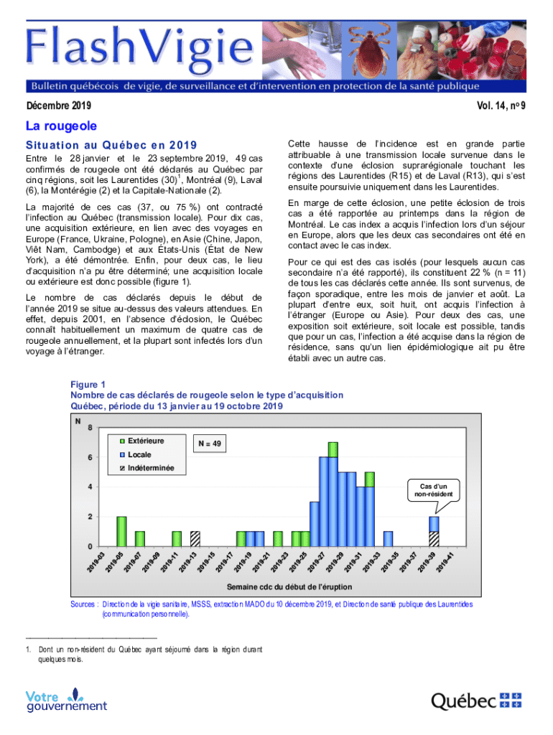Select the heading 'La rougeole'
[61, 126]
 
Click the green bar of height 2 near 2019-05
[121, 531]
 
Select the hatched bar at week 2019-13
[195, 538]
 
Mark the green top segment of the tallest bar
[333, 449]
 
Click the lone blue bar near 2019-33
[388, 538]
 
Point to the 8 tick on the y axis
[89, 428]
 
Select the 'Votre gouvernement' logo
[66, 700]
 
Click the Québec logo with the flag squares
[475, 700]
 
